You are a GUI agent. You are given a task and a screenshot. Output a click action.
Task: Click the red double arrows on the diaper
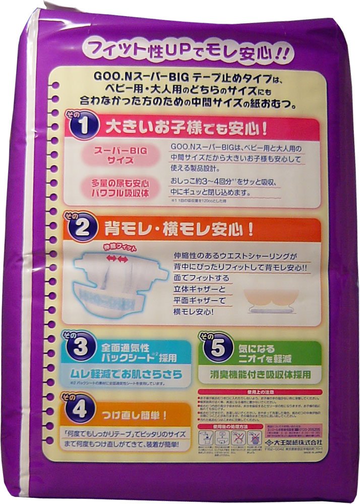tap(117, 259)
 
